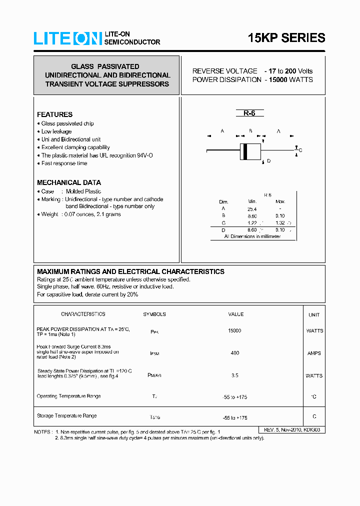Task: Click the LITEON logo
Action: (67, 38)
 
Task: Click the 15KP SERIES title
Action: (286, 38)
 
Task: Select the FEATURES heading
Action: (54, 114)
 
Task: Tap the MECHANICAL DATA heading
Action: (69, 182)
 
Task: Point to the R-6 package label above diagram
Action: (249, 113)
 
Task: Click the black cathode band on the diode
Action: (244, 151)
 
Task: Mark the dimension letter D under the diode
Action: (268, 161)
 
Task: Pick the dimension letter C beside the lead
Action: (300, 150)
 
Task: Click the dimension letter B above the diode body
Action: (250, 131)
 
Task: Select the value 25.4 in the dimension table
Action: (252, 209)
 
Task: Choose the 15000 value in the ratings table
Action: (234, 331)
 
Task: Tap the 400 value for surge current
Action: (234, 353)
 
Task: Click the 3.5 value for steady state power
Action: (234, 375)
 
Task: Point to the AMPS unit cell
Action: (314, 353)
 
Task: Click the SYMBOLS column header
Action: (154, 314)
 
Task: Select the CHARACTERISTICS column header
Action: (83, 314)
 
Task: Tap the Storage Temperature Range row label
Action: (67, 416)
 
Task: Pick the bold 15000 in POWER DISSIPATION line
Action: (276, 80)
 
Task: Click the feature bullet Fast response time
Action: (64, 163)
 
